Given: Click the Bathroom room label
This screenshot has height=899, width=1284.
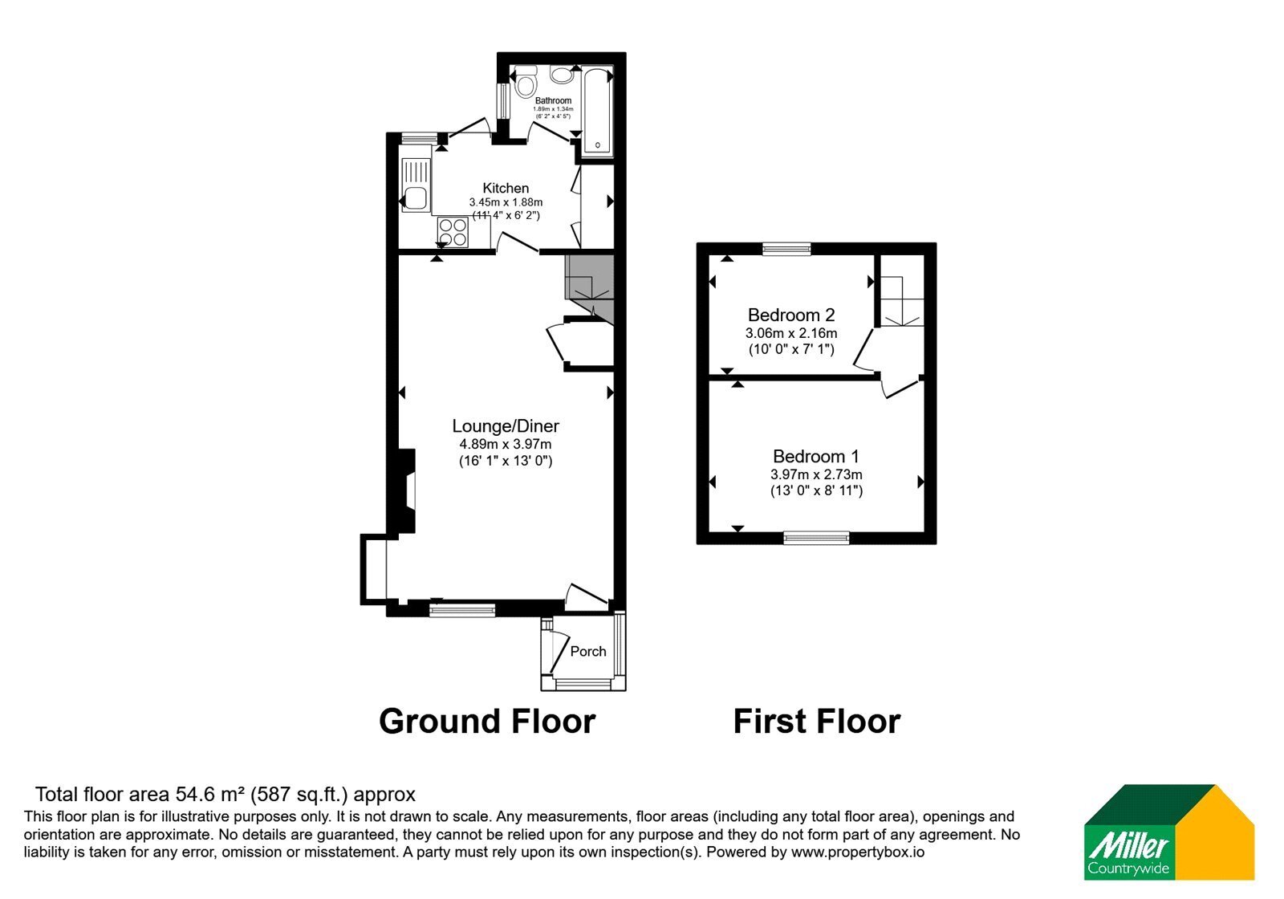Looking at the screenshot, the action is pyautogui.click(x=553, y=100).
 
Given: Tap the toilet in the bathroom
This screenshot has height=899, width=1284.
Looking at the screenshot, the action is pyautogui.click(x=525, y=81).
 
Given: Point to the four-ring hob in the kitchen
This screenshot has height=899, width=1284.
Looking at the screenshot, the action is pyautogui.click(x=453, y=232).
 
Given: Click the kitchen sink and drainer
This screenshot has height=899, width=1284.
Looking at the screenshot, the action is pyautogui.click(x=416, y=185).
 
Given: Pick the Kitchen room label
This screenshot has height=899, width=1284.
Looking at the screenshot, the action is pyautogui.click(x=506, y=188).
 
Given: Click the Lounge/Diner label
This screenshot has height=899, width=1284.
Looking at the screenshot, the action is pyautogui.click(x=506, y=425).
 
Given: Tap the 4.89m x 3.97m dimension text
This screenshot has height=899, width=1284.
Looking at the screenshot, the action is pyautogui.click(x=506, y=444).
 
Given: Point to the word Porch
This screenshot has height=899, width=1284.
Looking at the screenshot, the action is pyautogui.click(x=588, y=651).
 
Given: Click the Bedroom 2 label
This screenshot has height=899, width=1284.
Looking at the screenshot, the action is pyautogui.click(x=791, y=315).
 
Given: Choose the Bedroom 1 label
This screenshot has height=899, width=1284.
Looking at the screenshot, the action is pyautogui.click(x=815, y=457).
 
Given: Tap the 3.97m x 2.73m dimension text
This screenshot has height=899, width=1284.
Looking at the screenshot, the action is pyautogui.click(x=816, y=474).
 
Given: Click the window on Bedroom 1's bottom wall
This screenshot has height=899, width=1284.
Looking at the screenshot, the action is pyautogui.click(x=816, y=537).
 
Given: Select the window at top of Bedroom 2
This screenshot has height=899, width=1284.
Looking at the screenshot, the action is pyautogui.click(x=786, y=248).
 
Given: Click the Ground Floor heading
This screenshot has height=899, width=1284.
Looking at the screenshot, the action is pyautogui.click(x=487, y=722).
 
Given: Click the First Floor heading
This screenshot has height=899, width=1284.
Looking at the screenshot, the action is pyautogui.click(x=817, y=722).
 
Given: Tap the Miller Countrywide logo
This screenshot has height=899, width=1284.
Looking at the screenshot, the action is pyautogui.click(x=1169, y=832).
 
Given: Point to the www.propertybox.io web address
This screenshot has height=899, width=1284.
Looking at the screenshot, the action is pyautogui.click(x=858, y=852).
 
